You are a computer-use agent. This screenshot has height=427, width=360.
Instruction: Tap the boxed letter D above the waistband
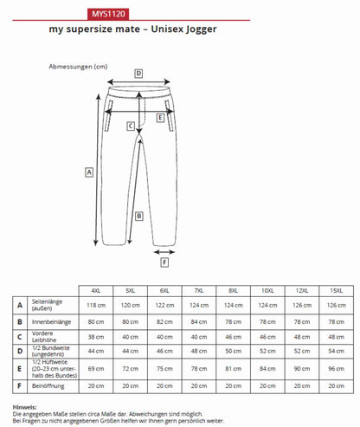[138, 74]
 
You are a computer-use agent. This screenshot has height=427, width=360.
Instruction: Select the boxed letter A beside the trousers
[88, 171]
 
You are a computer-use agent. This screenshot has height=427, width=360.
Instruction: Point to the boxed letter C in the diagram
[129, 126]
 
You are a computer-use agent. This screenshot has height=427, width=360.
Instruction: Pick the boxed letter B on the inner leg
[138, 217]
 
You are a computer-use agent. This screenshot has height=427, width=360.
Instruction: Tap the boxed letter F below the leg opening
[164, 262]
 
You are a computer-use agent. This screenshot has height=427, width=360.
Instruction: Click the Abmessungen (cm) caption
[78, 66]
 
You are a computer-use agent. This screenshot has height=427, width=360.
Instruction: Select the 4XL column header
[95, 290]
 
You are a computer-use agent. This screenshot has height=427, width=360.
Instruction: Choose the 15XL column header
[336, 290]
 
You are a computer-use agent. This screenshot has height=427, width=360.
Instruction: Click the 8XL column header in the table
[233, 290]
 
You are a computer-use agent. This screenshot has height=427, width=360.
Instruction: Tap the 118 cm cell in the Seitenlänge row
[95, 305]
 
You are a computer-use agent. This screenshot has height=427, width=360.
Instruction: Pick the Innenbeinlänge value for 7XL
[198, 320]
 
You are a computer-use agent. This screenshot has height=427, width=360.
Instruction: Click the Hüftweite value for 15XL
[336, 367]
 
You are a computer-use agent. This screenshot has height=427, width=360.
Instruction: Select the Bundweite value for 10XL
[267, 351]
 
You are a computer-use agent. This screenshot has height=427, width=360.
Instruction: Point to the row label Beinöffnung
[48, 385]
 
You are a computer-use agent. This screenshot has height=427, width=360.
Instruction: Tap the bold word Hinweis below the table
[24, 405]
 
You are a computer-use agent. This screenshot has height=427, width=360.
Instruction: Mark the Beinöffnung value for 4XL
[95, 385]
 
